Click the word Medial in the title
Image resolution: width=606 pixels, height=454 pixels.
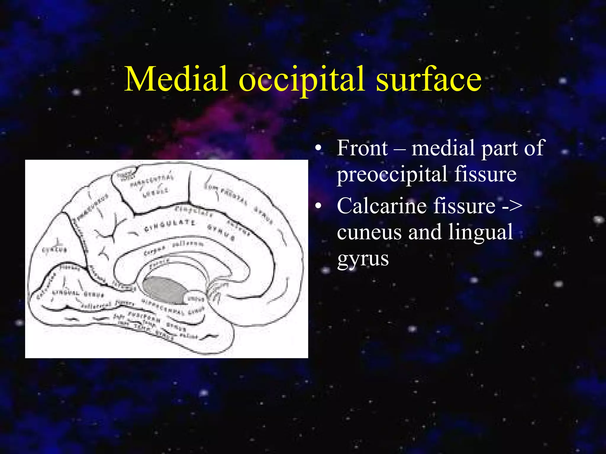click(x=176, y=79)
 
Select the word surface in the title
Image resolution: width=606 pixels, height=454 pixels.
click(x=428, y=79)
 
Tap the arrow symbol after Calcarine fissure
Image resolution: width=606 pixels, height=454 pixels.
click(x=512, y=206)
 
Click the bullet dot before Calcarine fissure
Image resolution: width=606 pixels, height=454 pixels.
click(x=318, y=206)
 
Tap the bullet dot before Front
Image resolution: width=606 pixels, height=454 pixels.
click(x=318, y=148)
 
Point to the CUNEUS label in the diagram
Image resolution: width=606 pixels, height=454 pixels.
click(x=55, y=250)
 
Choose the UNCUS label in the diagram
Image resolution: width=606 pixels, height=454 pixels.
click(x=196, y=299)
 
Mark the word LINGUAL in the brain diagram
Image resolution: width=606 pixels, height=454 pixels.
click(x=66, y=294)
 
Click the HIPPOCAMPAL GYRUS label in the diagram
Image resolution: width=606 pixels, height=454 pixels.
click(x=173, y=307)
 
